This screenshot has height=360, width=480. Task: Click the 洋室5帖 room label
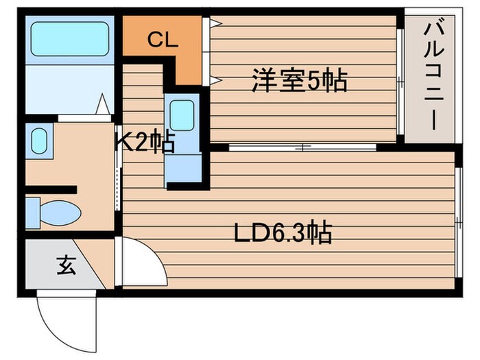[299, 82]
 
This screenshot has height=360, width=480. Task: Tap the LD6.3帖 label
[283, 233]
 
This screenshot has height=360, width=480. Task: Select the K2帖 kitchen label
[145, 143]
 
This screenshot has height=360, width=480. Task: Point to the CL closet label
[163, 40]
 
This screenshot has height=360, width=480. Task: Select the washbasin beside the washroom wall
[38, 142]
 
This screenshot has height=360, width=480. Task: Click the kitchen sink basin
[182, 115]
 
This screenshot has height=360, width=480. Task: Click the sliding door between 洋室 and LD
[302, 147]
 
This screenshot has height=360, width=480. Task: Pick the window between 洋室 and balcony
[400, 82]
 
